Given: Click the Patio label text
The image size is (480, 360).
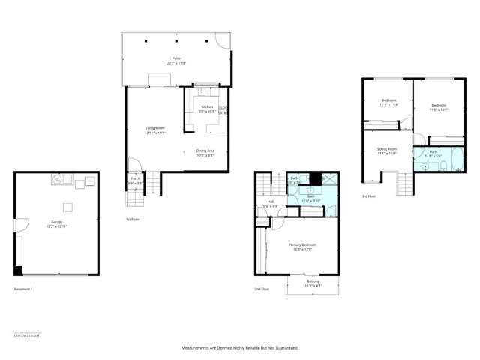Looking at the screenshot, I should coord(176,58).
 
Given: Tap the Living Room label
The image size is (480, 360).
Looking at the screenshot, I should coord(155,128).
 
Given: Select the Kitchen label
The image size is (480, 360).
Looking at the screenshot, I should coord(208,107).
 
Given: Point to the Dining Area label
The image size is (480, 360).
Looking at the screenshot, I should coord(205,151).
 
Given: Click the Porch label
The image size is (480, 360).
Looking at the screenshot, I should coord(136,178).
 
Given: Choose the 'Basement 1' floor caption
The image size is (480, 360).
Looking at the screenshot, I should coord(25,289).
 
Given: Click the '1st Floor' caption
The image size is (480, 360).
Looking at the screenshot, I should coord(133,220).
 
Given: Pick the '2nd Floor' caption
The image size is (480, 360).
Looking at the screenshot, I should coord(262,289).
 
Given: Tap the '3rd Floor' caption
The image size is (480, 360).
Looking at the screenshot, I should coord(369,196).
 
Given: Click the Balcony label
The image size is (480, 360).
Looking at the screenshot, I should coord(312,281).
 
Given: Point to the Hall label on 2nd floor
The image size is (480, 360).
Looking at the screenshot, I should coord(271,202).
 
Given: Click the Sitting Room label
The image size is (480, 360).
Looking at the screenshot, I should coord(386,149).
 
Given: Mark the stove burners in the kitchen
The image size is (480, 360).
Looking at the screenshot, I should coord(222,110).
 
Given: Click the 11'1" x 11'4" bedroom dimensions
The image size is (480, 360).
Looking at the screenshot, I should coord(388,104).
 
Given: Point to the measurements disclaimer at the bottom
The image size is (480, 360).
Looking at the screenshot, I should coord(239,347).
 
